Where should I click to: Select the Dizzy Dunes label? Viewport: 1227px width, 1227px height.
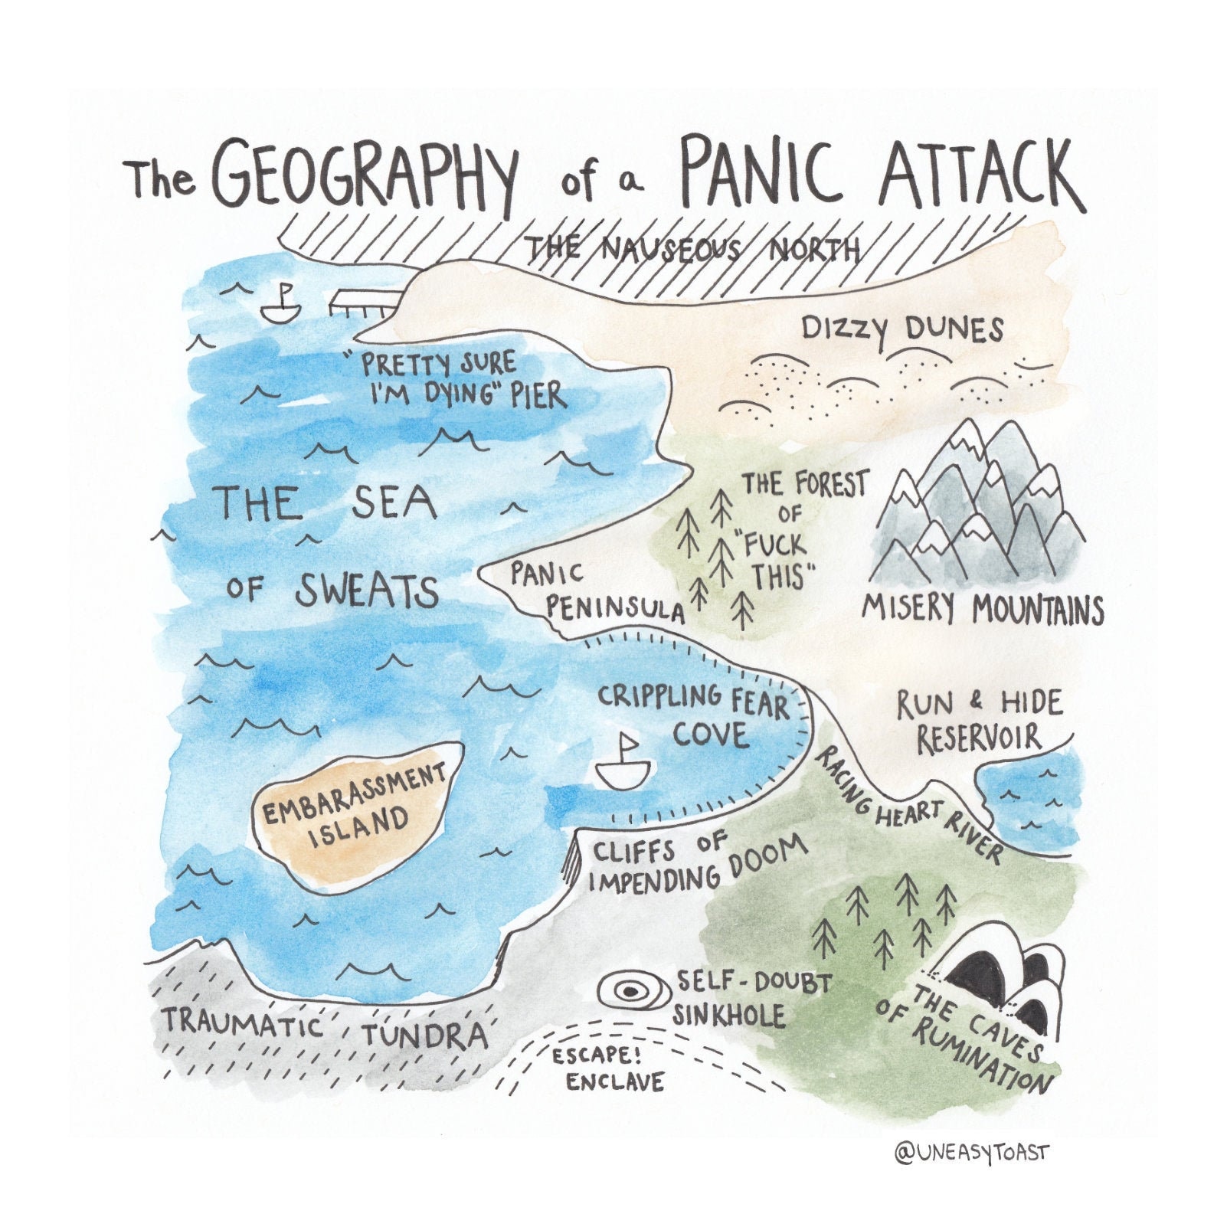coord(901,330)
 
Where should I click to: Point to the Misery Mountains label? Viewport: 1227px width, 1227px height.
coord(983,610)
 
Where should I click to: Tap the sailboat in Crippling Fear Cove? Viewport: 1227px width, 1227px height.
coord(626,764)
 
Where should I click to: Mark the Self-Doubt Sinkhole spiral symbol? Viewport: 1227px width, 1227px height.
coord(630,992)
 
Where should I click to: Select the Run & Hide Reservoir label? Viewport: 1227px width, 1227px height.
coord(980,721)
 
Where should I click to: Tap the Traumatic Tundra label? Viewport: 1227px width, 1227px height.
coord(325,1028)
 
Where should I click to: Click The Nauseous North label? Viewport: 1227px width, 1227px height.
coord(693,249)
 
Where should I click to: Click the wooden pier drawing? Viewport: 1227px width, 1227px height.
coord(362,304)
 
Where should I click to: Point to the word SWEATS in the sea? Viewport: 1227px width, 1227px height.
coord(366,591)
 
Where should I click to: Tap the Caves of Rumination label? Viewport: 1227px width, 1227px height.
coord(969,1034)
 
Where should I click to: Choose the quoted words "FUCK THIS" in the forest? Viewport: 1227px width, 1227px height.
coord(775,559)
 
